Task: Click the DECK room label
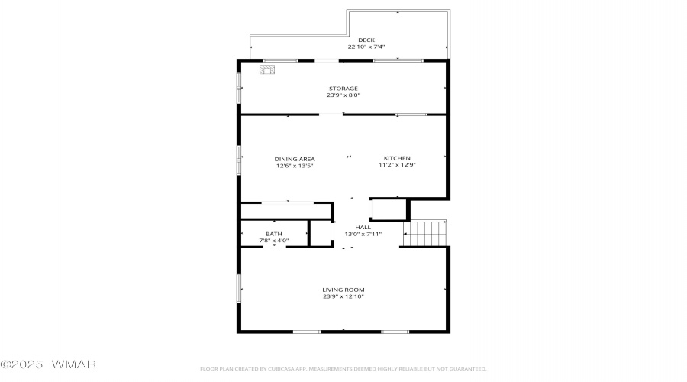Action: pos(366,40)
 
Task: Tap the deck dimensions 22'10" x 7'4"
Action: pos(366,47)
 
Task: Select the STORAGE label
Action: pos(343,88)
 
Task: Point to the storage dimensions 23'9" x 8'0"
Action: pos(343,95)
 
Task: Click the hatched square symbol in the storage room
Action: pos(267,70)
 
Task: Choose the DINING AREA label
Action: pos(295,159)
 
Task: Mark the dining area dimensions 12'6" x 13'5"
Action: pos(295,165)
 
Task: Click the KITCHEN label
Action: pos(397,158)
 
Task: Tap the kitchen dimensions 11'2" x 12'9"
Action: pos(397,164)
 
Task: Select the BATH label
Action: pos(274,234)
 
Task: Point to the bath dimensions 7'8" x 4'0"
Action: pos(274,241)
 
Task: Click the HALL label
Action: pos(363,227)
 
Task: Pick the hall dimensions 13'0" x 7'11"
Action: pos(363,234)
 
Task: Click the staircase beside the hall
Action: pos(425,233)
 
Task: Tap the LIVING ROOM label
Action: pos(343,290)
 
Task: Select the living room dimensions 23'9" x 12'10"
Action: pos(343,296)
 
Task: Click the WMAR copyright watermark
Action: pos(48,364)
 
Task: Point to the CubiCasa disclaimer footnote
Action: pos(343,369)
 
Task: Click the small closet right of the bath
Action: pos(321,233)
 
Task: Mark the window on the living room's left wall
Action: pos(239,288)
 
